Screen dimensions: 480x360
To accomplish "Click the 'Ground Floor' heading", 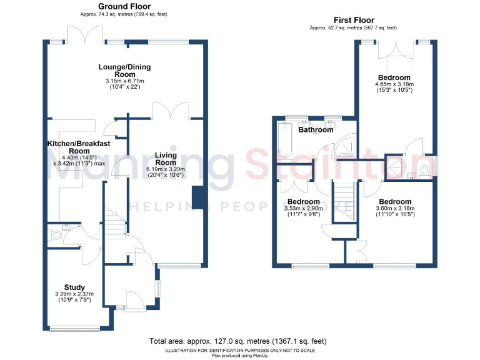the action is point(124,6).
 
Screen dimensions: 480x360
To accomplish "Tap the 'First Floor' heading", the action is point(354,20).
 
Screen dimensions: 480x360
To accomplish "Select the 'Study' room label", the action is point(74,287).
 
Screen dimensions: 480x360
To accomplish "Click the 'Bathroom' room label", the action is point(316,130).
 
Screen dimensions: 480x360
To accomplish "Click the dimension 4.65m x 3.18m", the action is point(394,84).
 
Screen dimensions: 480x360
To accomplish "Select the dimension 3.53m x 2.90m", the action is point(302,208).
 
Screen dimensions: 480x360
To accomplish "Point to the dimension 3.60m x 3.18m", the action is point(394,208).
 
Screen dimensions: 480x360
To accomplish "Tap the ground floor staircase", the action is point(114,221).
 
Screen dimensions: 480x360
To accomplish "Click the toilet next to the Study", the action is point(56,236).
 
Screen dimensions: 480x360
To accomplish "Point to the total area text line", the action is point(237,342).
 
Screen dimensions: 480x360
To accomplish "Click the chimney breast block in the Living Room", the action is point(199,197).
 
